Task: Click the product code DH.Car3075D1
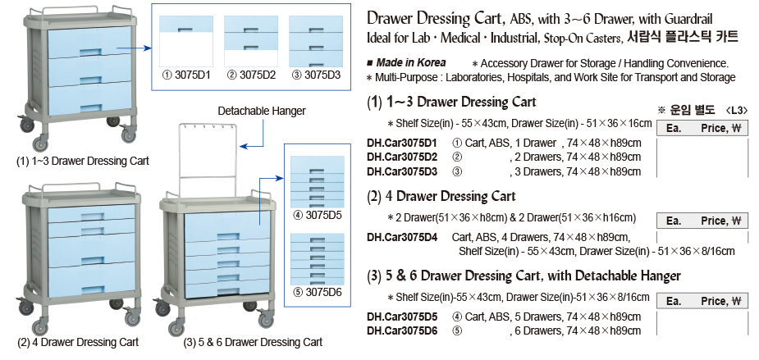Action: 402,142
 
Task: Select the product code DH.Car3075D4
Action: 402,237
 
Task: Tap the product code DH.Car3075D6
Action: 402,330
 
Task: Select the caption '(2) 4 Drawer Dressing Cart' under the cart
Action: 78,341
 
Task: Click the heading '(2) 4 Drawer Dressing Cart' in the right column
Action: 441,196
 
